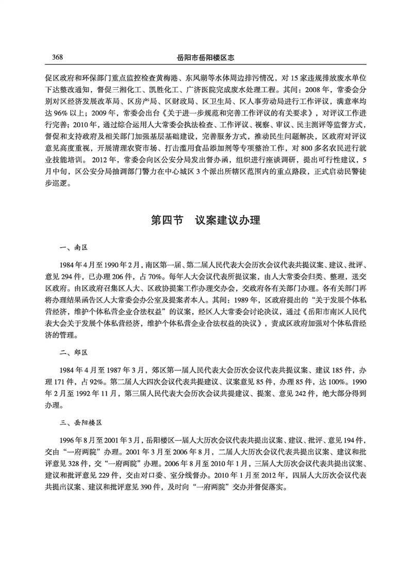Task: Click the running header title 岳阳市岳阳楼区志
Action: [x=207, y=56]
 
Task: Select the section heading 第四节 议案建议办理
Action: [x=207, y=221]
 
